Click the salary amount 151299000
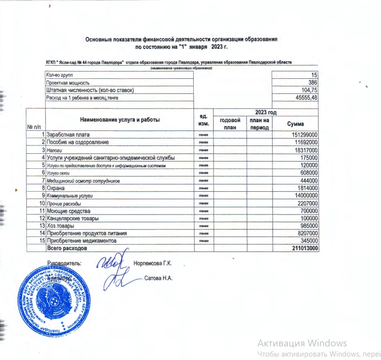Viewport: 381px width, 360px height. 304,135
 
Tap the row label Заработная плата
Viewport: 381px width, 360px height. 69,135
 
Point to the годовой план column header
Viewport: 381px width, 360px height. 230,124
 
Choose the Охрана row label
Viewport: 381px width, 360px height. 56,187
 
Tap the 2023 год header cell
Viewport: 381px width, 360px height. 266,112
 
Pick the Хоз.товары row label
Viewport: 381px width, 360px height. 60,226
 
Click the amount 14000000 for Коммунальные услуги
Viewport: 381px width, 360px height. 305,195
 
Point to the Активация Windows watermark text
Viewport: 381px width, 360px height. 302,343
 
